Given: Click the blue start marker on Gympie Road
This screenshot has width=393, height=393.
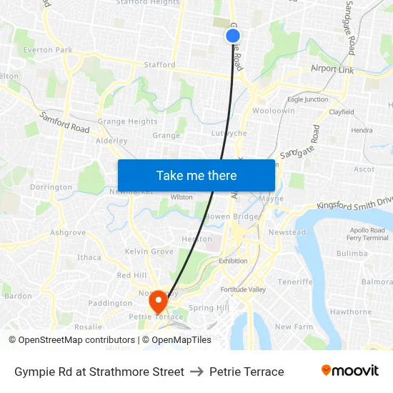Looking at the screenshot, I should click(x=232, y=35).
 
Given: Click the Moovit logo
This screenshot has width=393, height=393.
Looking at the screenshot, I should click(x=349, y=371).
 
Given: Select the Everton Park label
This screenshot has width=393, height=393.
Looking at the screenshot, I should click(x=48, y=50).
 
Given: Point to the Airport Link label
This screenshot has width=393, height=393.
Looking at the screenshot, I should click(x=332, y=69).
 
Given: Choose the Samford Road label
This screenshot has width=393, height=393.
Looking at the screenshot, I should click(x=64, y=122).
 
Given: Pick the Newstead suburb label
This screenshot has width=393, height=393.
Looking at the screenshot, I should click(x=287, y=232).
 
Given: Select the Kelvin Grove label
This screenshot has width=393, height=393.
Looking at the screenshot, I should click(x=149, y=252).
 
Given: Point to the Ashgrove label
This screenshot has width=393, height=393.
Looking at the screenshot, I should click(x=68, y=232).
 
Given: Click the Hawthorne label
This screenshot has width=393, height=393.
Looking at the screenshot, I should click(x=351, y=312).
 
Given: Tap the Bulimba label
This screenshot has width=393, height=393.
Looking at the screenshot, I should click(x=352, y=253).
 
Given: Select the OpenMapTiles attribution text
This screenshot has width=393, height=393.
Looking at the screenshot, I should click(x=181, y=340).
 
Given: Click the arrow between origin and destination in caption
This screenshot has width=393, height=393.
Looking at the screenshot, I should click(x=196, y=372).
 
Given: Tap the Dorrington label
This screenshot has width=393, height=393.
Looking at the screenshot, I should click(x=51, y=187).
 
